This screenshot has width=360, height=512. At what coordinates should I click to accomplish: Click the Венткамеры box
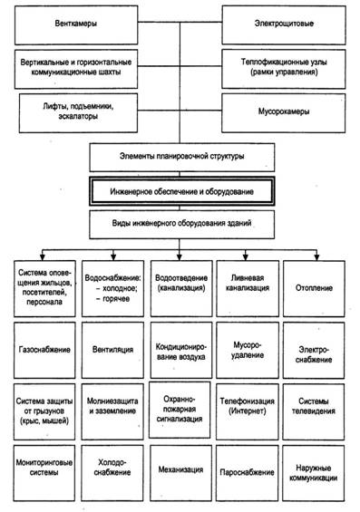click(76, 25)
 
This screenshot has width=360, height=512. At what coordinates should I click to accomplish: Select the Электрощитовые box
click(284, 25)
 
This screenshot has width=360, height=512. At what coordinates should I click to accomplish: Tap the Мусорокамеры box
click(283, 113)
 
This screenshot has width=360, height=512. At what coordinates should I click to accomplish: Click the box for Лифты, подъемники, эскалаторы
click(78, 113)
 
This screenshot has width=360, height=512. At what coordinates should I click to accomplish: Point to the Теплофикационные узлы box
click(284, 69)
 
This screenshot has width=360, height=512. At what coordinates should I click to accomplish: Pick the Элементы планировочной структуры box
click(182, 158)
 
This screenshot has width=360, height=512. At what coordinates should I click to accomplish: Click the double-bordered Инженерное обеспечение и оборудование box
click(182, 191)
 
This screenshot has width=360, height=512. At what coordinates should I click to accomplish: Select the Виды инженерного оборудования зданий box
click(182, 225)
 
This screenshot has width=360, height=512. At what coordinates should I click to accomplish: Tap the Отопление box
click(314, 288)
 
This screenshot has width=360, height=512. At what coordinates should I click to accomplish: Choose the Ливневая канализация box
click(248, 288)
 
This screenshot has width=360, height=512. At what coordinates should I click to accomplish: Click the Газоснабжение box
click(44, 350)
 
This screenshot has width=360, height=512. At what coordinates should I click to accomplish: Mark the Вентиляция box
click(112, 350)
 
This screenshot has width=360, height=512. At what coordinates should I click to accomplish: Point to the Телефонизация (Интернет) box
click(248, 411)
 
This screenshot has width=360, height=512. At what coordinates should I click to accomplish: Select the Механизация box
click(180, 473)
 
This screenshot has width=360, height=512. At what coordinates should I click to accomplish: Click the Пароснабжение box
click(247, 473)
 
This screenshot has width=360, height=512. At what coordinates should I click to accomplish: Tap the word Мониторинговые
click(44, 463)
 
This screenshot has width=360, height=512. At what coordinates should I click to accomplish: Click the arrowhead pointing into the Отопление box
click(316, 257)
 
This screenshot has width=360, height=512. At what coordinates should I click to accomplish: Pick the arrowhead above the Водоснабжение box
click(113, 257)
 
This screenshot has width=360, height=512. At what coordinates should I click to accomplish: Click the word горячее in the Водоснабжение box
click(116, 299)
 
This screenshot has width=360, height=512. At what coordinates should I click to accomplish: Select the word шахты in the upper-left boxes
click(110, 72)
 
